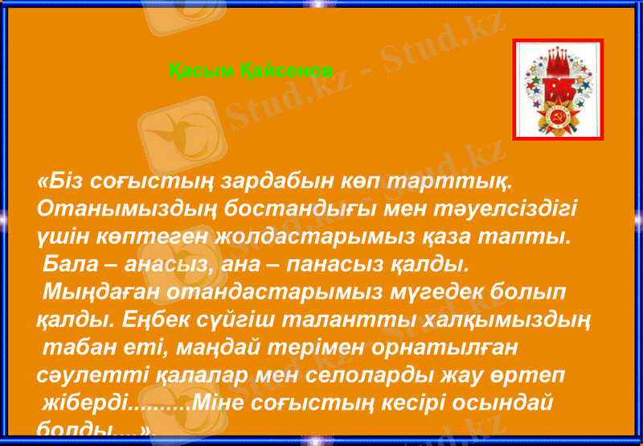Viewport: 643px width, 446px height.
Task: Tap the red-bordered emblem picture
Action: [557, 89]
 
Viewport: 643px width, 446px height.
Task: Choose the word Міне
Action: [216, 403]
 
